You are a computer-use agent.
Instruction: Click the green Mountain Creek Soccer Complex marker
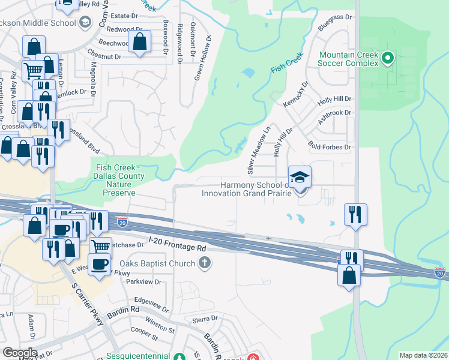click(387, 58)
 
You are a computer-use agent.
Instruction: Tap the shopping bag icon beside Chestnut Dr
click(139, 42)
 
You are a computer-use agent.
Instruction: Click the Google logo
click(19, 353)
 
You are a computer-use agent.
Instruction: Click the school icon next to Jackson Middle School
click(85, 23)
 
